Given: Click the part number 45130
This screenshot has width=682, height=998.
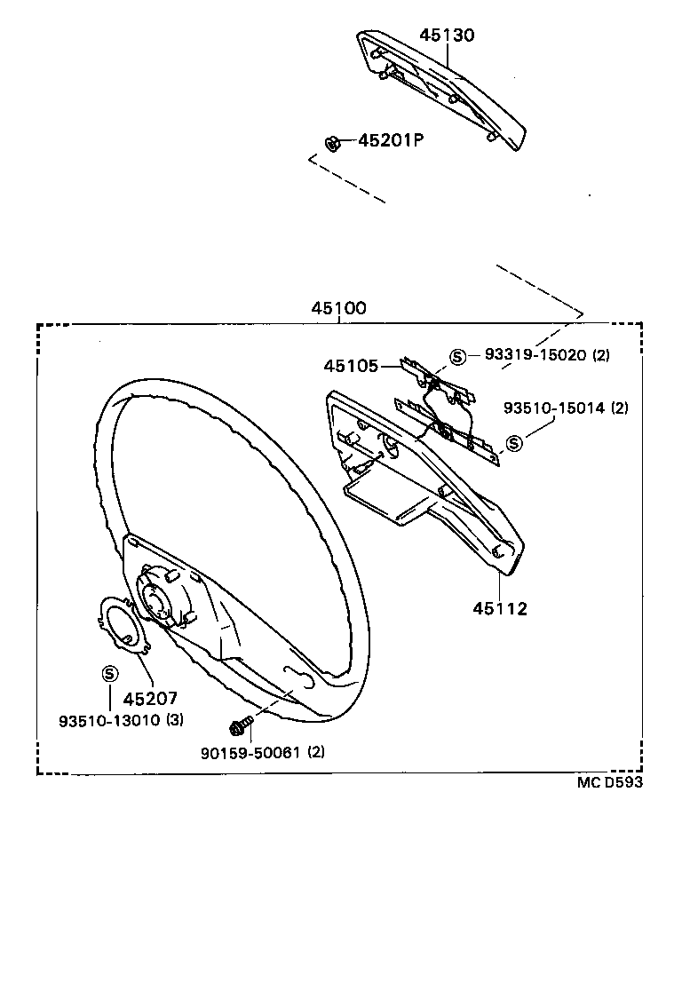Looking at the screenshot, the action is pyautogui.click(x=447, y=35).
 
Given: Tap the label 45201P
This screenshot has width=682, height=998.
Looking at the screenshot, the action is pyautogui.click(x=391, y=140).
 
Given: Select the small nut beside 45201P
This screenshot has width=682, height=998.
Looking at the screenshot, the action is pyautogui.click(x=332, y=143).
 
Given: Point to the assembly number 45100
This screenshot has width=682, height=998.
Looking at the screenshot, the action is pyautogui.click(x=338, y=308).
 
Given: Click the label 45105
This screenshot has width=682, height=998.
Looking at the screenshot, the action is pyautogui.click(x=351, y=366).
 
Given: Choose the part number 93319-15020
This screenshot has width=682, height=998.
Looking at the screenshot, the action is pyautogui.click(x=535, y=354).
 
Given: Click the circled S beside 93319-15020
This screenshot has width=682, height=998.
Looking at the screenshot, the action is pyautogui.click(x=457, y=356).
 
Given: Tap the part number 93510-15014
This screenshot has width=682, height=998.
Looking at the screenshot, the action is pyautogui.click(x=553, y=408).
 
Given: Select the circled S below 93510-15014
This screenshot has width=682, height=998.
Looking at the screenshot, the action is pyautogui.click(x=514, y=443).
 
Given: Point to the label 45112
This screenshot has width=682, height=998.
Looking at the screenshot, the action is pyautogui.click(x=500, y=609).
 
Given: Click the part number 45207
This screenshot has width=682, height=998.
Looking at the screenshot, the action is pyautogui.click(x=150, y=699).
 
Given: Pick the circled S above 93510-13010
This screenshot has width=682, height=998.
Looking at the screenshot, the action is pyautogui.click(x=109, y=674).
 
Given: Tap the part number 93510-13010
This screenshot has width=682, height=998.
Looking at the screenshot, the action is pyautogui.click(x=109, y=720).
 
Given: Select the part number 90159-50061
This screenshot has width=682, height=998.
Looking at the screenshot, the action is pyautogui.click(x=250, y=752).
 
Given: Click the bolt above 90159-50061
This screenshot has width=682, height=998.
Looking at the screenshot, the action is pyautogui.click(x=240, y=725).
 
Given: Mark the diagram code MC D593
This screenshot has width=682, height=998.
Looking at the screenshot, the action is pyautogui.click(x=609, y=782).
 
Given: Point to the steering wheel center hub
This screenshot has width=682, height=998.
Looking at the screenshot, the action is pyautogui.click(x=158, y=598).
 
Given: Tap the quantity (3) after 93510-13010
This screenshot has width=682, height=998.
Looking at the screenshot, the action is pyautogui.click(x=175, y=720).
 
